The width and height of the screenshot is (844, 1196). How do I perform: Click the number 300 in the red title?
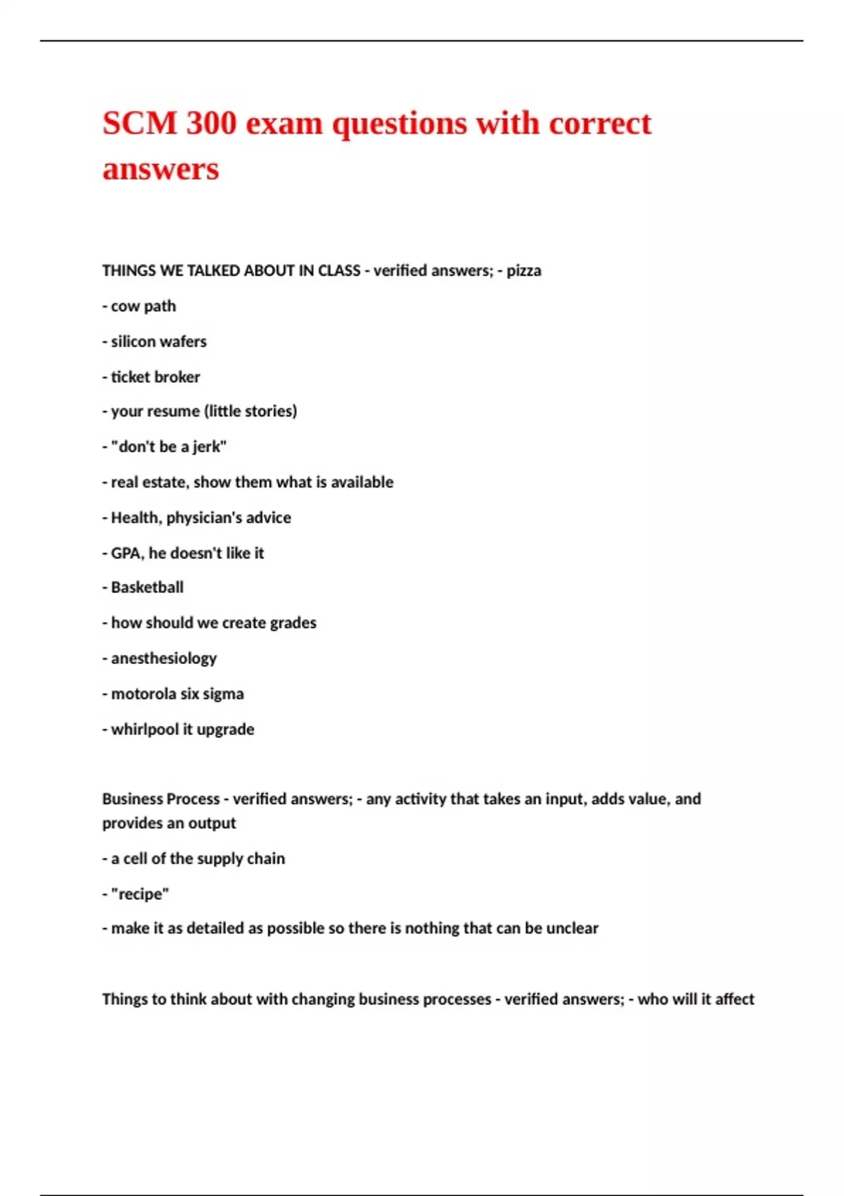click(x=211, y=123)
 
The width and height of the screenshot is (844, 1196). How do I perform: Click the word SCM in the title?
click(x=139, y=123)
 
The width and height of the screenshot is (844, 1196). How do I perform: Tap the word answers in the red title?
click(x=161, y=169)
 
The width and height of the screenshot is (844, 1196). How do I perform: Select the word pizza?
click(x=524, y=271)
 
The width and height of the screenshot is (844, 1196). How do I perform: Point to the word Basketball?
click(x=147, y=587)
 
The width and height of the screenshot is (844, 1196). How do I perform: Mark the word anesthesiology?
click(x=164, y=659)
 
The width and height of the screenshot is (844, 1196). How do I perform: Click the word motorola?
click(x=143, y=694)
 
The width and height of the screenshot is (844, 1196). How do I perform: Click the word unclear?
click(x=573, y=929)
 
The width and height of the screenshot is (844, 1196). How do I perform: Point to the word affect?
click(x=734, y=999)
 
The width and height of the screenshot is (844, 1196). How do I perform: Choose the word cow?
click(x=125, y=307)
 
